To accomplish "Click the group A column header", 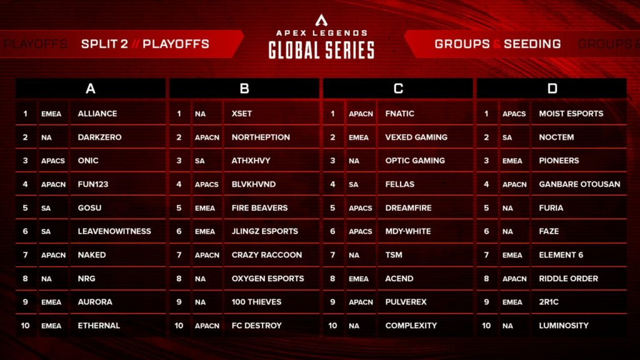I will (x=91, y=89).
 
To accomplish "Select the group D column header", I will (x=552, y=89).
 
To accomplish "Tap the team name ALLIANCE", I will (x=97, y=114).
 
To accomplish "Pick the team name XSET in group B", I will (x=242, y=114).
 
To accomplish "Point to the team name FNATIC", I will (x=400, y=114).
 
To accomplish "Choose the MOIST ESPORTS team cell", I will (x=571, y=114).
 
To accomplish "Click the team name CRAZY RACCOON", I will (x=267, y=255).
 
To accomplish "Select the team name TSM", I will (x=394, y=255).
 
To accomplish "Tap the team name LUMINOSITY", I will (x=564, y=326).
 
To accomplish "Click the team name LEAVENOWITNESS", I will (x=114, y=231).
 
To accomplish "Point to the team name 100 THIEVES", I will (x=256, y=302).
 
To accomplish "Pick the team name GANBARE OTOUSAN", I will (x=579, y=184).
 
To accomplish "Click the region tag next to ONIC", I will (x=53, y=161).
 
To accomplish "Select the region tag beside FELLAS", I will (x=354, y=184).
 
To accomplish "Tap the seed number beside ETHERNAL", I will (x=26, y=326).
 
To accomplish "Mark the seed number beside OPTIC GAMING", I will (x=332, y=161).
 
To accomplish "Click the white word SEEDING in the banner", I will (x=532, y=44).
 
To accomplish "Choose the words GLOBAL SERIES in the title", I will (x=321, y=50).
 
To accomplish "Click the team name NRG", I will (x=87, y=279).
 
